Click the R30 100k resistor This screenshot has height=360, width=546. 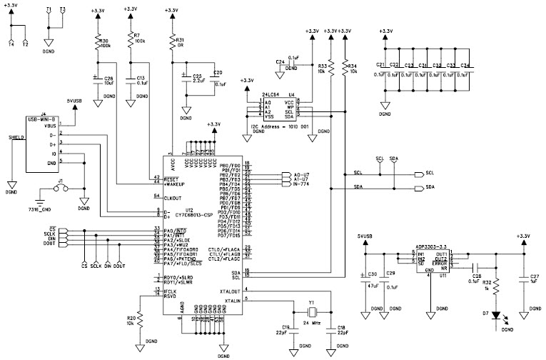98,44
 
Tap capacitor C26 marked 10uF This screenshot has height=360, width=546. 98,78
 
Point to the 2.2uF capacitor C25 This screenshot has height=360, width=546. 186,77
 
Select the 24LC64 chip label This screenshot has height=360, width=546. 271,93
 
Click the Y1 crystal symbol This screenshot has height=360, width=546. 311,311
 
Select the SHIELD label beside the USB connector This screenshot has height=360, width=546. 15,137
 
